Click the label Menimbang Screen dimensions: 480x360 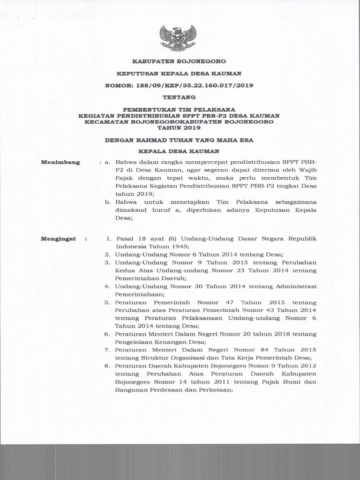click(x=60, y=162)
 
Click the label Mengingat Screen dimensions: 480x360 click(x=59, y=239)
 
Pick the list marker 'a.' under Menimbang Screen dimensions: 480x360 click(x=107, y=162)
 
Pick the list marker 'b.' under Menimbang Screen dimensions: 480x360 click(x=107, y=202)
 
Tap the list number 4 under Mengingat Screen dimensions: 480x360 click(x=107, y=286)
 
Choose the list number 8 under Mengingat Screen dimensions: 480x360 click(x=107, y=366)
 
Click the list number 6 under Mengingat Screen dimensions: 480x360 click(x=107, y=334)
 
